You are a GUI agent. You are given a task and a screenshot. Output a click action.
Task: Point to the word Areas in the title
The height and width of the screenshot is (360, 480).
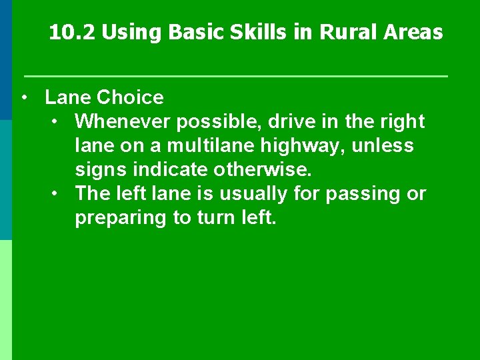coord(414,33)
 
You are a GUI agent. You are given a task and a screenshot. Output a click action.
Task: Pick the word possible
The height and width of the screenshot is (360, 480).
coord(208,122)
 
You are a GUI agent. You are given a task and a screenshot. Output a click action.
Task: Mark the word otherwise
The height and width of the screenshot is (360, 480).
coord(264,170)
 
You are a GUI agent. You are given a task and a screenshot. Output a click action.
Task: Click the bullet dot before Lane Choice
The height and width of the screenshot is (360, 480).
coord(24,98)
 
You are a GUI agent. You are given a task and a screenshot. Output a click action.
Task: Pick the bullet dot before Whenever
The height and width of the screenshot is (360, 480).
coord(55,122)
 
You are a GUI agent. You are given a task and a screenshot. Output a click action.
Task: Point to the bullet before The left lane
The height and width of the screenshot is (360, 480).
coord(55,194)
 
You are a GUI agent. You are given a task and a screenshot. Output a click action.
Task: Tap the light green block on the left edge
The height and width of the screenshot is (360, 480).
coord(6,300)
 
